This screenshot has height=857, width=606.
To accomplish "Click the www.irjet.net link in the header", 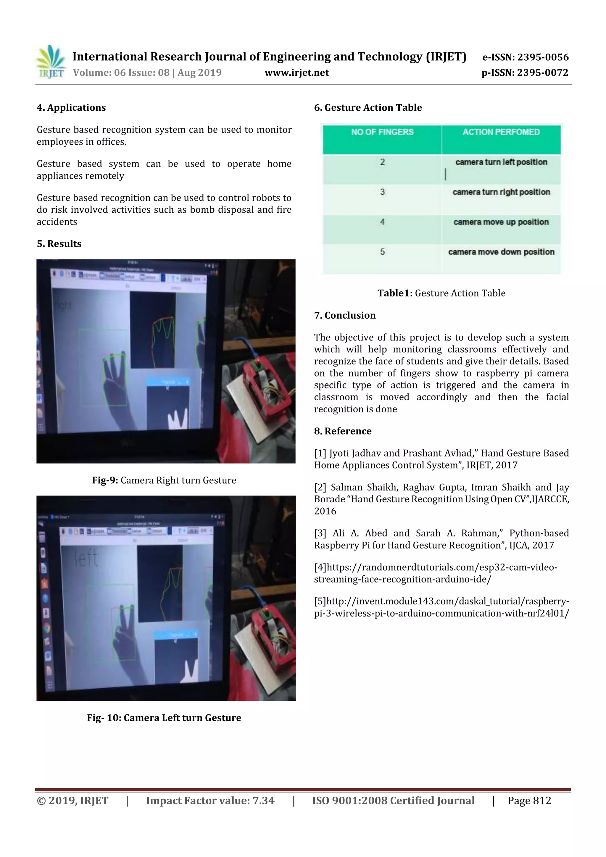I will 296,73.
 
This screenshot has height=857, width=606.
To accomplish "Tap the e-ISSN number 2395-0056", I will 543,57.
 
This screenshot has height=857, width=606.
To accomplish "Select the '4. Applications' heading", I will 71,108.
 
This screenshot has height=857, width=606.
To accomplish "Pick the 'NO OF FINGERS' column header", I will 382,132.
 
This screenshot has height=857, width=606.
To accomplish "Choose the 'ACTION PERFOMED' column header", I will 501,132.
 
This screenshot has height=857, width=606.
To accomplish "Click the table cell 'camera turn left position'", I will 501,162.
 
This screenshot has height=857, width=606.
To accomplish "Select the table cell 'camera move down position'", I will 501,252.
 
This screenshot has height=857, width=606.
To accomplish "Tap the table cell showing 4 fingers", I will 382,222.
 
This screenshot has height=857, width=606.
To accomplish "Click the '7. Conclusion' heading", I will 345,315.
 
